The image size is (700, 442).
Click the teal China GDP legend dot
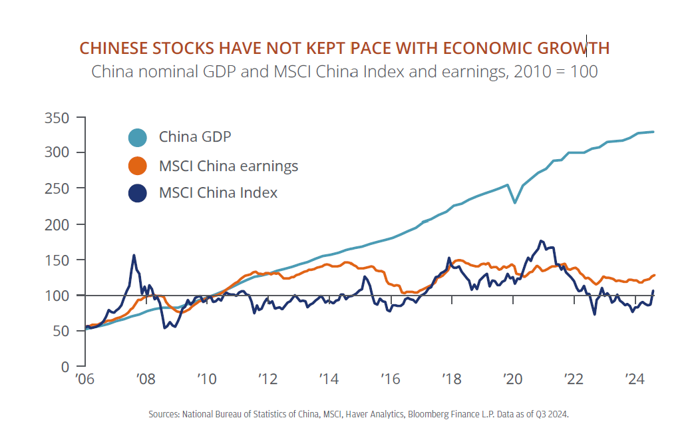[x=137, y=138]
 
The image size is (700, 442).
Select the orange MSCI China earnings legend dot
[x=137, y=166]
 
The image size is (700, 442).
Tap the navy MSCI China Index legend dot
[x=137, y=194]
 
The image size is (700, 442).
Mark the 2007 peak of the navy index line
[x=134, y=255]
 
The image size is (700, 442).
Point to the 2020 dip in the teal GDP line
[x=514, y=202]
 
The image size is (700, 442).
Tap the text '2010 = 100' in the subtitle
[x=555, y=72]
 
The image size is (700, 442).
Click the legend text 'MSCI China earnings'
[x=228, y=166]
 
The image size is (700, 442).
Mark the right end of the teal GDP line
[x=653, y=132]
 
